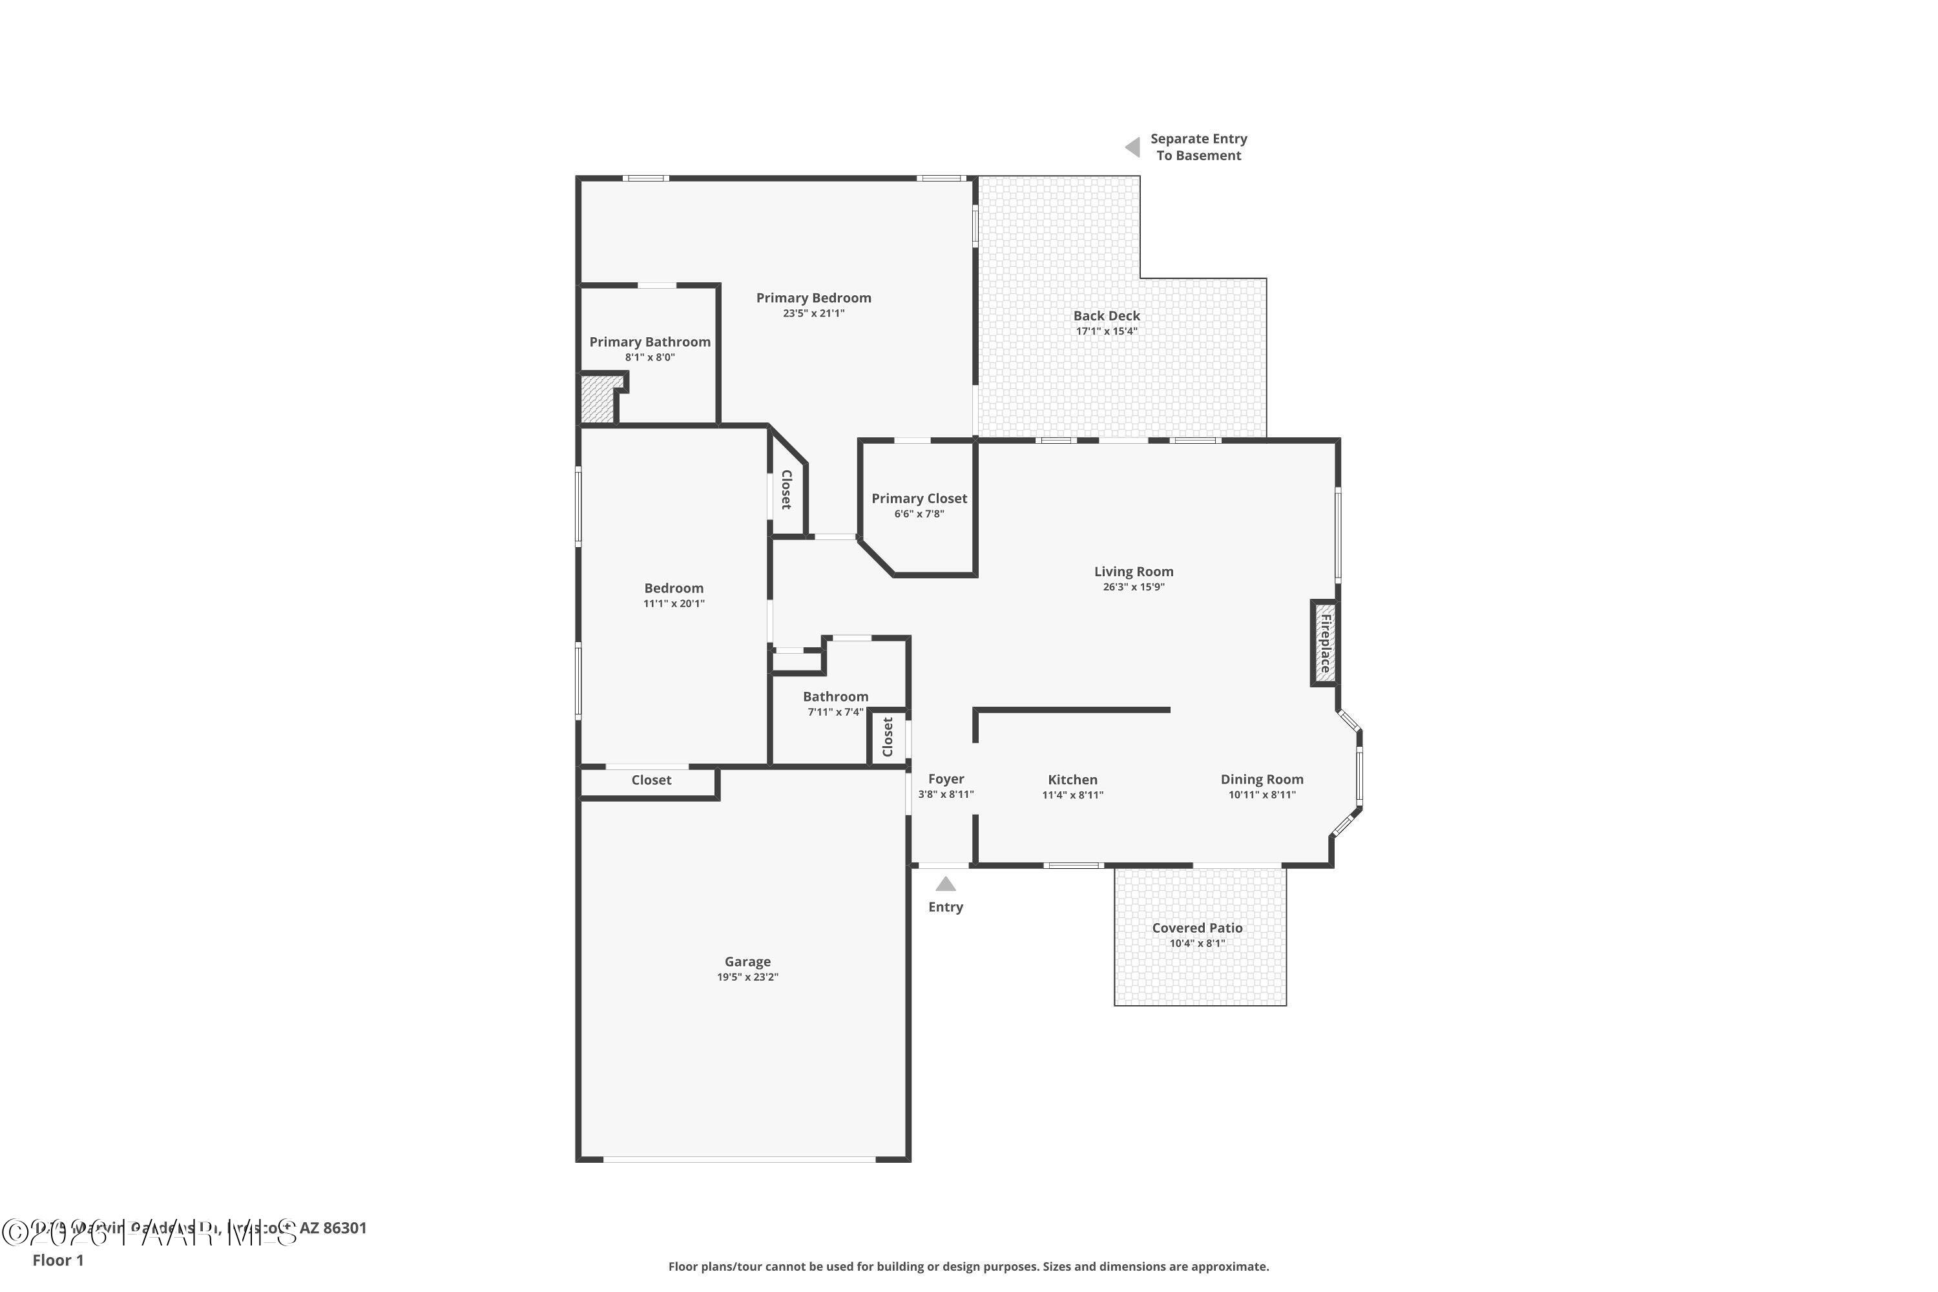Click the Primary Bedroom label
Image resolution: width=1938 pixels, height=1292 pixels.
click(813, 298)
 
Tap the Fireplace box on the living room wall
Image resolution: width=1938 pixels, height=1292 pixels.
click(1324, 643)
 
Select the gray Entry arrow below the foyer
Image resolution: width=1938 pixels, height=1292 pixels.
click(945, 884)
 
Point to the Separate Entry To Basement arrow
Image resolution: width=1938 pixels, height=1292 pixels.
click(1133, 147)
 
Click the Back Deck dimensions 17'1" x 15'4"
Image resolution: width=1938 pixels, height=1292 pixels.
click(1106, 331)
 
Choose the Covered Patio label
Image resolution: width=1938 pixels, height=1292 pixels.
click(1196, 928)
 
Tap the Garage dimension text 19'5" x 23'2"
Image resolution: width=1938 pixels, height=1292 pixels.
click(747, 977)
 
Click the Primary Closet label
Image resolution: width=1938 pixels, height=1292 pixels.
click(919, 499)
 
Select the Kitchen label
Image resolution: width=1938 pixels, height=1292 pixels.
click(1072, 780)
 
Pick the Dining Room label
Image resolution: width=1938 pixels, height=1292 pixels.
click(1262, 780)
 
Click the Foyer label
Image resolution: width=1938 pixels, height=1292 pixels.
click(945, 778)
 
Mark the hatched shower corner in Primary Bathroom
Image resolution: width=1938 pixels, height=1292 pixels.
click(598, 401)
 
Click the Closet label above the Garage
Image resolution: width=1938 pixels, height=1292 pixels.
click(651, 780)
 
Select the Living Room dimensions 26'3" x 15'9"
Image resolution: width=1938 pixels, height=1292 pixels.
click(1133, 587)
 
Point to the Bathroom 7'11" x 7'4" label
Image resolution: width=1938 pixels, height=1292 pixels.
click(835, 697)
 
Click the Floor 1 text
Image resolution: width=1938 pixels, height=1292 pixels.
click(57, 1260)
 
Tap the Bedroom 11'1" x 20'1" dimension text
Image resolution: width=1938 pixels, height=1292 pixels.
click(673, 604)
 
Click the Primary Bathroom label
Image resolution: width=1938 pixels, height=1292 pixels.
click(649, 342)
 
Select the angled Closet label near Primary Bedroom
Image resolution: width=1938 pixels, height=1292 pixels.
click(786, 490)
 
